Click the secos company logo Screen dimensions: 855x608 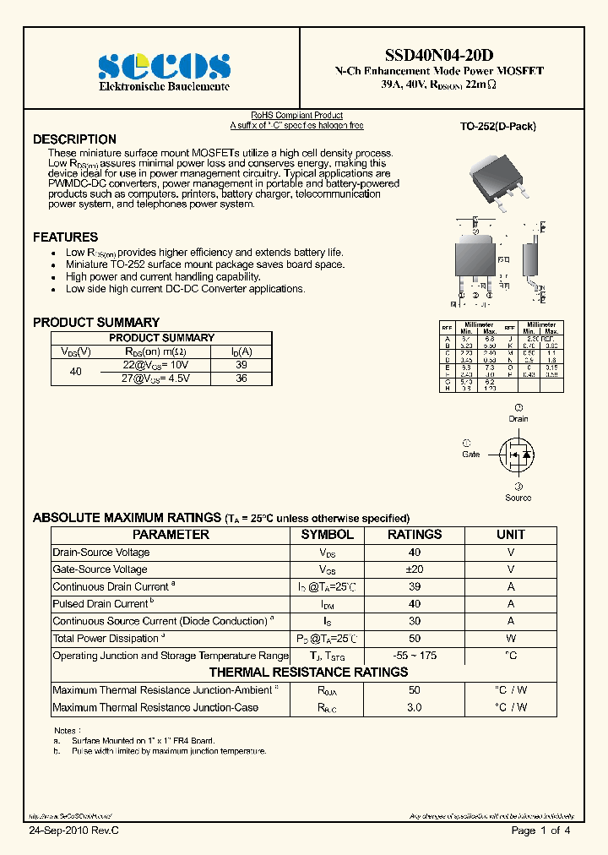coord(164,65)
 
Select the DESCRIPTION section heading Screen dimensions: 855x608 coord(74,139)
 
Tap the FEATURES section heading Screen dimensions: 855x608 coord(65,237)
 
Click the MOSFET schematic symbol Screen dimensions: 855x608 coord(517,455)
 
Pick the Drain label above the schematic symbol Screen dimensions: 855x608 coord(518,418)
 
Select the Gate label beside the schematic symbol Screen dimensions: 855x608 coord(470,454)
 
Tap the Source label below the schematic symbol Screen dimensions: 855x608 coord(518,498)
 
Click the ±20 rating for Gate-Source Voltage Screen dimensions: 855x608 coord(414,569)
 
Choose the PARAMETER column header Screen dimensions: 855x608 coord(171,535)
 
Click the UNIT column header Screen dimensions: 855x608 coord(510,535)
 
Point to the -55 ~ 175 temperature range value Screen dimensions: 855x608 coord(414,656)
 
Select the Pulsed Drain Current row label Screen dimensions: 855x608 coord(100,604)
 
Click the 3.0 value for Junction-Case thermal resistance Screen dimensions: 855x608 coord(414,707)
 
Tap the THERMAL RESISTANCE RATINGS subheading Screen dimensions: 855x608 coord(308,673)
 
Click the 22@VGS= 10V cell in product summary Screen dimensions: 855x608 coord(156,364)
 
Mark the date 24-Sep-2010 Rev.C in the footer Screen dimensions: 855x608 coord(74,830)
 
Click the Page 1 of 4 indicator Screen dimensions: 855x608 coord(540,830)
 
